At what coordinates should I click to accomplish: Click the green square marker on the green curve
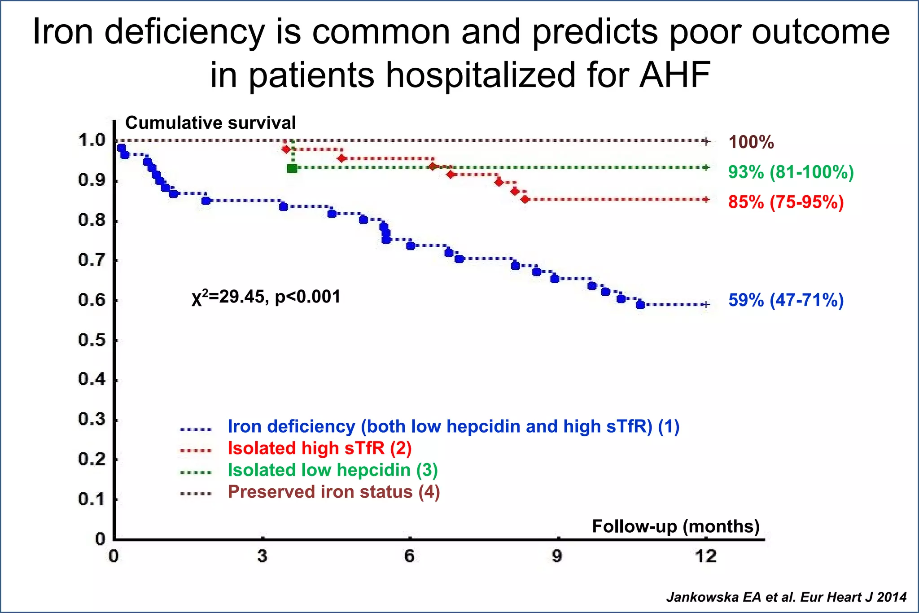click(x=292, y=168)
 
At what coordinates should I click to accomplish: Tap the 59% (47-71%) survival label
click(x=786, y=300)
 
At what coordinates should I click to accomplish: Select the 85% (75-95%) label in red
click(x=786, y=202)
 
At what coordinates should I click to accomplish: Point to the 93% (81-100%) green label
click(x=791, y=172)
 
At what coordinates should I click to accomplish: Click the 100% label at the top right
click(x=751, y=142)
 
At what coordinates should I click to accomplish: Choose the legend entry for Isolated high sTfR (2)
click(x=319, y=448)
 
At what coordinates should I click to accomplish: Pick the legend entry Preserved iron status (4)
click(x=333, y=492)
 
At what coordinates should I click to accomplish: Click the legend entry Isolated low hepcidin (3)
click(x=333, y=470)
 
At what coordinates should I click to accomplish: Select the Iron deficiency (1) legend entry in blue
click(x=453, y=426)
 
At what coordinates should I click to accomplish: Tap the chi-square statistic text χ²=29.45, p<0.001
click(x=266, y=297)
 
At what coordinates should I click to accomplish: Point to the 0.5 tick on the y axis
click(x=92, y=340)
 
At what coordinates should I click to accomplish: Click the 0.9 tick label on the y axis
click(x=92, y=180)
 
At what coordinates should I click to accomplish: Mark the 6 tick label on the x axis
click(x=409, y=556)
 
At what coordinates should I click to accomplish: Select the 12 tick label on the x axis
click(x=706, y=556)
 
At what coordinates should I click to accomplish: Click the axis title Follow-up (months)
click(x=676, y=526)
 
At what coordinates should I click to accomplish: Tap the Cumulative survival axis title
click(x=210, y=123)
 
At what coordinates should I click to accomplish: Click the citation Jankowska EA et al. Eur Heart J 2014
click(x=786, y=597)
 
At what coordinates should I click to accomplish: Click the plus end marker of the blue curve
click(x=706, y=305)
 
